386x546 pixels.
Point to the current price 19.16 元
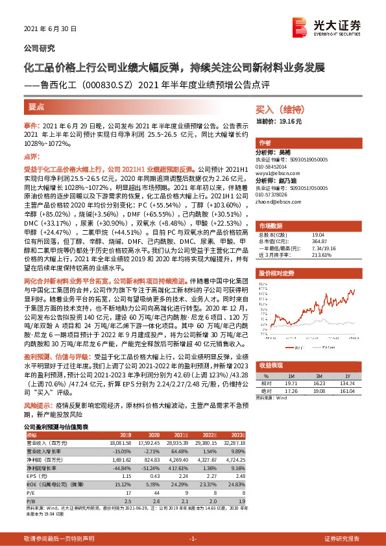[280, 121]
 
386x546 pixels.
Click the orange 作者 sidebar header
[265, 143]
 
